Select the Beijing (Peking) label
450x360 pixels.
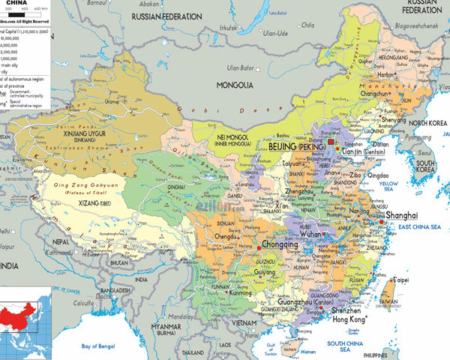point(298,148)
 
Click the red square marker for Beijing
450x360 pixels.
point(329,142)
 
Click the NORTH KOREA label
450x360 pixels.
point(428,122)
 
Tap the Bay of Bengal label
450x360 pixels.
point(100,346)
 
